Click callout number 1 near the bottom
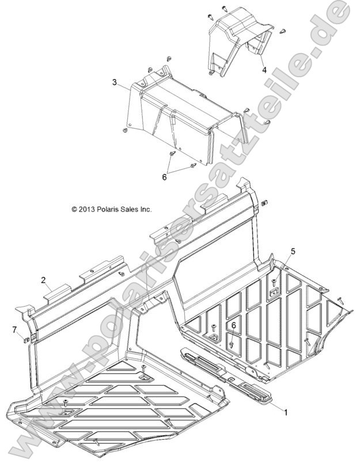tap(283, 411)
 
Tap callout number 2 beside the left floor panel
tap(43, 280)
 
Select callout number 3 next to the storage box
tap(115, 83)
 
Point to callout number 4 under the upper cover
tap(264, 70)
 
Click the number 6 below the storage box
tap(165, 177)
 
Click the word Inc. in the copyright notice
tap(145, 210)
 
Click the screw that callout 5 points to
tap(274, 282)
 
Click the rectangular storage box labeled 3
tap(184, 115)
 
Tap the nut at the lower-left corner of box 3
tap(124, 133)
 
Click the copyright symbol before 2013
tap(74, 210)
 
